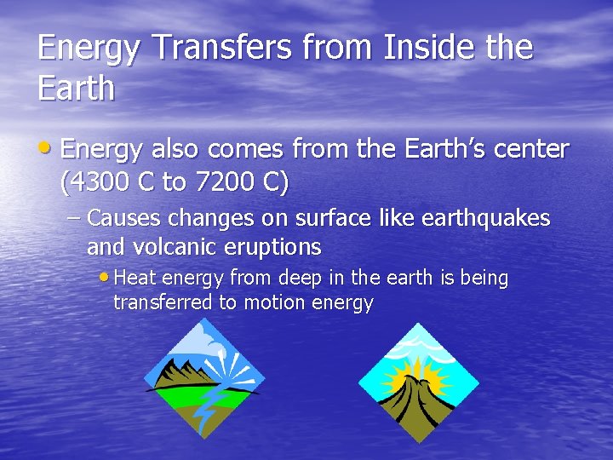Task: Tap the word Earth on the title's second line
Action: [x=76, y=89]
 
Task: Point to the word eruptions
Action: [x=272, y=248]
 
